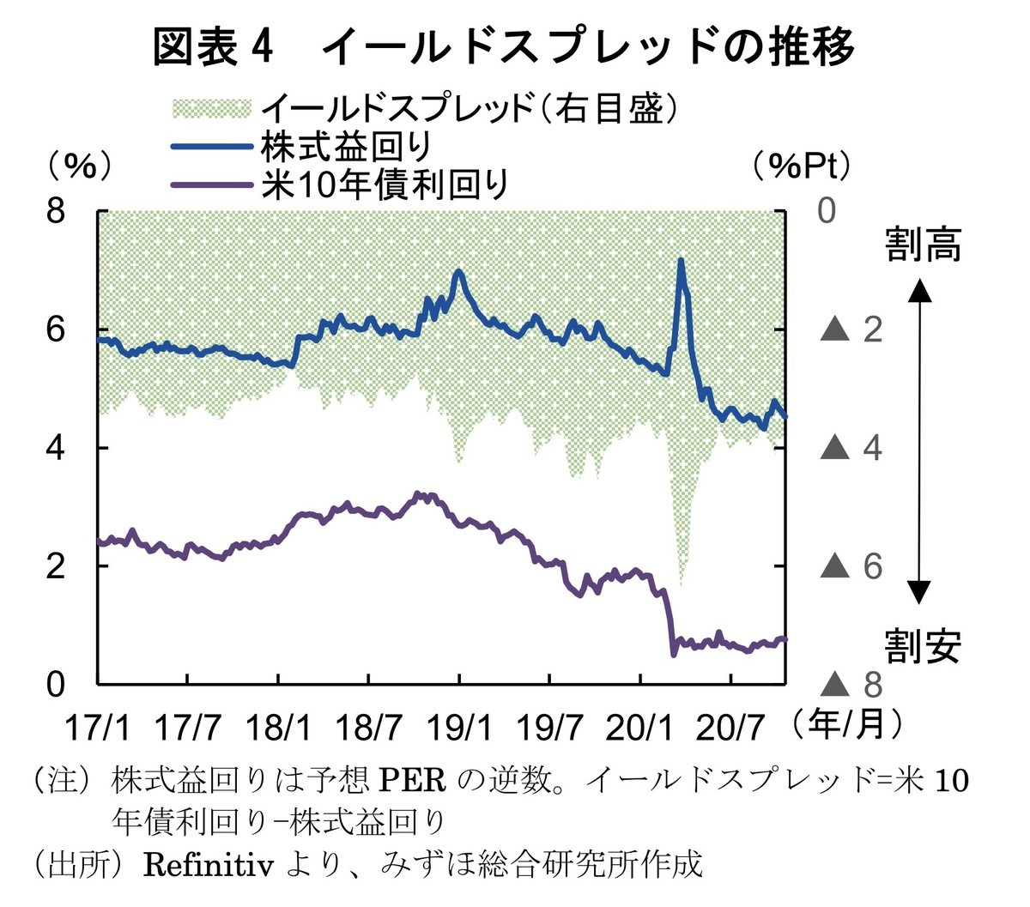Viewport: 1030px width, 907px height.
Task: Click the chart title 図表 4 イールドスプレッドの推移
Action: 504,46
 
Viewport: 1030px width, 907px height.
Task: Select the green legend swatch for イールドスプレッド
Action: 212,109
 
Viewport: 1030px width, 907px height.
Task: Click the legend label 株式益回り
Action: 346,147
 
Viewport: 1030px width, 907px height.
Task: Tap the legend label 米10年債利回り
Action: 385,184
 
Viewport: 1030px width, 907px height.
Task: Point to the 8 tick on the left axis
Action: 56,210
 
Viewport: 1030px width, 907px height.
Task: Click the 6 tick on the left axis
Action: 56,330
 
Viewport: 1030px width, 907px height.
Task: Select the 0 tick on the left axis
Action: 56,685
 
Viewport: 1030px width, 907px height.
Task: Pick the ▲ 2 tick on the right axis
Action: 852,330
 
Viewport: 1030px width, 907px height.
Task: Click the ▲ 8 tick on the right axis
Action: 852,685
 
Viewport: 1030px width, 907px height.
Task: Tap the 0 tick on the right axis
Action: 827,210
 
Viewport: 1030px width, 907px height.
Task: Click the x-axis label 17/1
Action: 99,729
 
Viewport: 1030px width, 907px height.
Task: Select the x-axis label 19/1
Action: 459,729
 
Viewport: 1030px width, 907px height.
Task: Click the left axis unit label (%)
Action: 79,166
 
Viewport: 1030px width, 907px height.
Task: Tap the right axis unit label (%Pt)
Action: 802,166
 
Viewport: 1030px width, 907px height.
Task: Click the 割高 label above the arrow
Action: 924,245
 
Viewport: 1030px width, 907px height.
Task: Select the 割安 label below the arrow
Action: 924,645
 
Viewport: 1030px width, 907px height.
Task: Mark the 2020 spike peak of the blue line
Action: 681,260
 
